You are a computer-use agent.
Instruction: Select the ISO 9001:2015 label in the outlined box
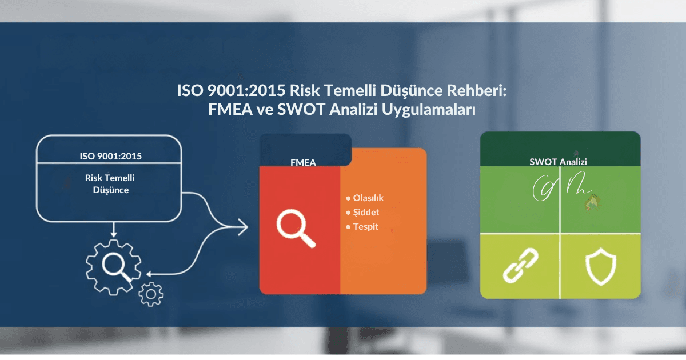point(110,155)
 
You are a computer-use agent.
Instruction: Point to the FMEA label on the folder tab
point(303,162)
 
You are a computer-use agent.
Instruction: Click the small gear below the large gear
point(151,294)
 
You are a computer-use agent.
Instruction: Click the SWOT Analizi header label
point(558,162)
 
